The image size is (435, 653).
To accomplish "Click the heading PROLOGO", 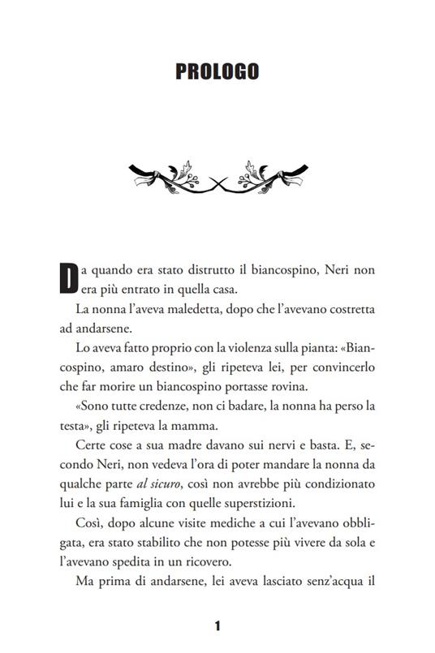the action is point(217,72).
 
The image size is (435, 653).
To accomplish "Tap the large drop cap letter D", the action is point(69,277).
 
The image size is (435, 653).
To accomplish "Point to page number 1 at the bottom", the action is point(217,625).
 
